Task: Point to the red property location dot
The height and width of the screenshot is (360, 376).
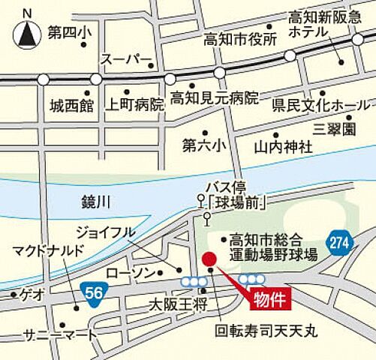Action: pyautogui.click(x=209, y=259)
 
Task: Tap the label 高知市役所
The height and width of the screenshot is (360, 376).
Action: pyautogui.click(x=241, y=38)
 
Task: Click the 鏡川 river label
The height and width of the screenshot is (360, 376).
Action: pyautogui.click(x=97, y=201)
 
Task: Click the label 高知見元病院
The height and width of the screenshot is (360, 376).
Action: pyautogui.click(x=213, y=98)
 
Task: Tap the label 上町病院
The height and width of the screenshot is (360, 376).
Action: pyautogui.click(x=135, y=104)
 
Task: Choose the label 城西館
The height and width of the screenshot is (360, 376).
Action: pyautogui.click(x=68, y=104)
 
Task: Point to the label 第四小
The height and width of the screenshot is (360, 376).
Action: pyautogui.click(x=68, y=33)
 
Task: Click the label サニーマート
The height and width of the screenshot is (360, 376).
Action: pyautogui.click(x=60, y=334)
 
